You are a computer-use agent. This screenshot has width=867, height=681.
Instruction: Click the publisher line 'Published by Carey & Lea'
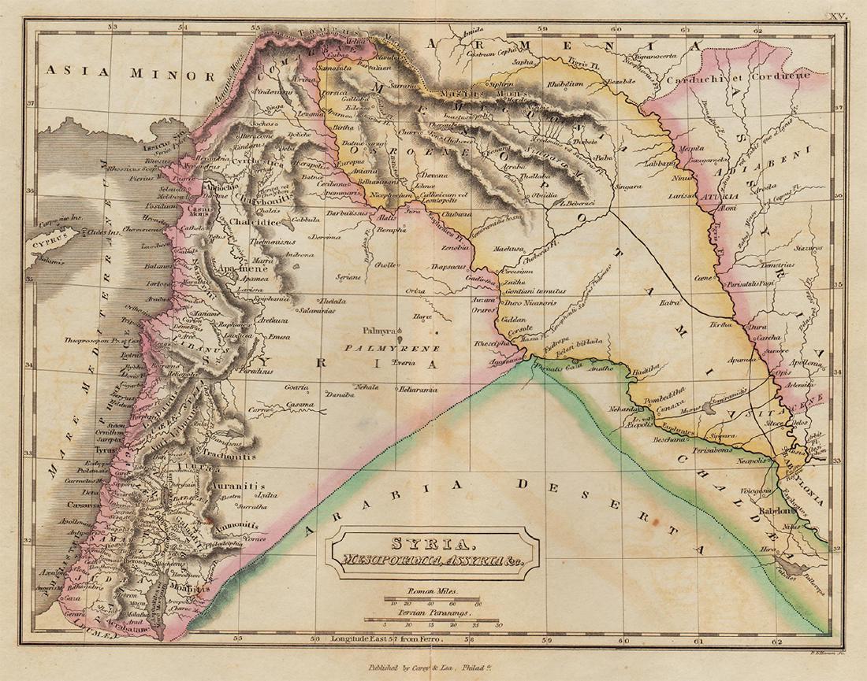pos(433,666)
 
